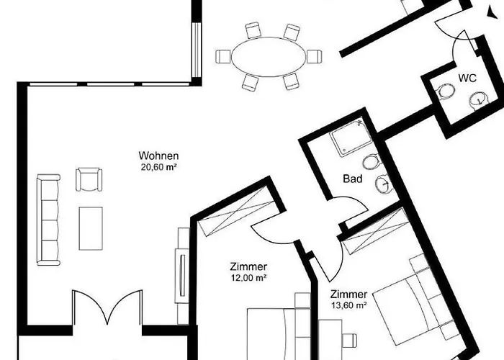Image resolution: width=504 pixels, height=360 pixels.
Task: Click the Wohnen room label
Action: tap(158, 156)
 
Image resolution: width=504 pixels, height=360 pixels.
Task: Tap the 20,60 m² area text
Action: tap(159, 166)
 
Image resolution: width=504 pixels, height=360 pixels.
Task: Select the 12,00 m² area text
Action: tap(249, 277)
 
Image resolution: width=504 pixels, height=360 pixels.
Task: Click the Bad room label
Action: tap(352, 179)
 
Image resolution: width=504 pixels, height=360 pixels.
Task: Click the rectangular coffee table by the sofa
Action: tap(91, 228)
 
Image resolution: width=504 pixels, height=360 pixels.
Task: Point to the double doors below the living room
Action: tap(107, 308)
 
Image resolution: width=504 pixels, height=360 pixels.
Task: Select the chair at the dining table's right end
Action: tap(313, 55)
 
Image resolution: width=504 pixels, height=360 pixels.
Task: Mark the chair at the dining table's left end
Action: tap(223, 55)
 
